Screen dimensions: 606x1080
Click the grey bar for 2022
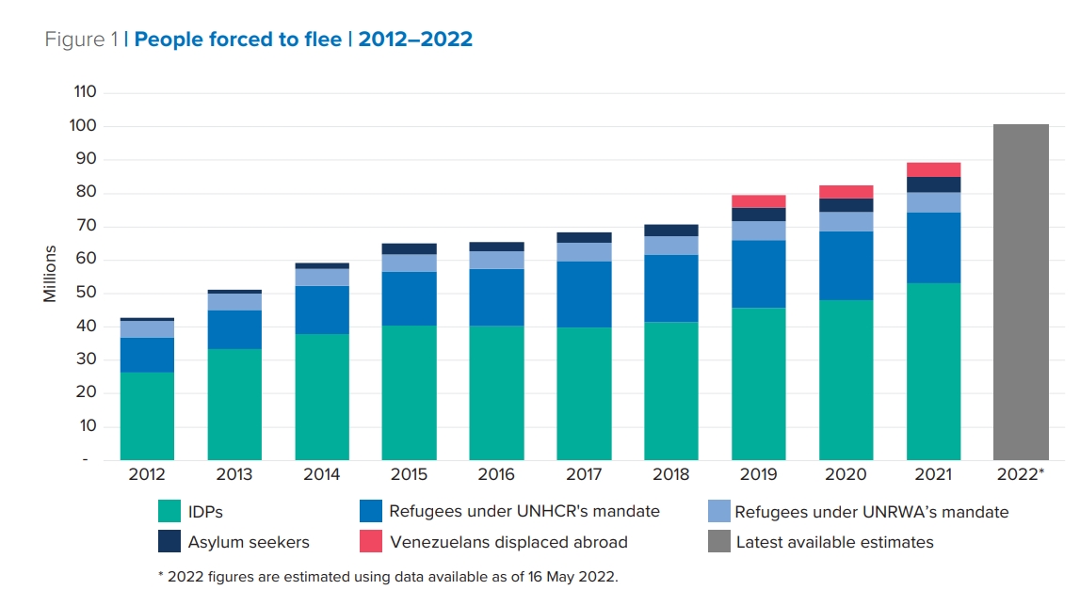[x=1021, y=292]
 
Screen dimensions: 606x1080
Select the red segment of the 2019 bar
[x=759, y=201]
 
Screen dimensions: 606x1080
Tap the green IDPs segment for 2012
[x=147, y=416]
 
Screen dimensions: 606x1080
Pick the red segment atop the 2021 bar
[x=933, y=169]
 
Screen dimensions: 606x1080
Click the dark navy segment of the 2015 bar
[x=410, y=248]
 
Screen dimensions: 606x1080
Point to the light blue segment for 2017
[x=584, y=252]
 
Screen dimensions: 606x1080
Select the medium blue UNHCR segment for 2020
[x=846, y=265]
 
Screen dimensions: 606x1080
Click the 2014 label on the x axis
[x=322, y=475]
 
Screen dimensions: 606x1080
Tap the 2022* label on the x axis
[x=1021, y=475]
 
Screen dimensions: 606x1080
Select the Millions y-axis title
[x=50, y=274]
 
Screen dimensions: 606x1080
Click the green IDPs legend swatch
[x=169, y=511]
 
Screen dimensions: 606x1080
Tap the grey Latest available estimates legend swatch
[x=718, y=541]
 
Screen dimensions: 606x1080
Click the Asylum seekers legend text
[x=249, y=542]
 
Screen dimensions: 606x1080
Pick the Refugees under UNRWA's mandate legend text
[x=871, y=512]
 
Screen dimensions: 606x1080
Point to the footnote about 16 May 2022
[x=387, y=577]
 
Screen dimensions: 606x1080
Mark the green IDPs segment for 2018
[x=671, y=391]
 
